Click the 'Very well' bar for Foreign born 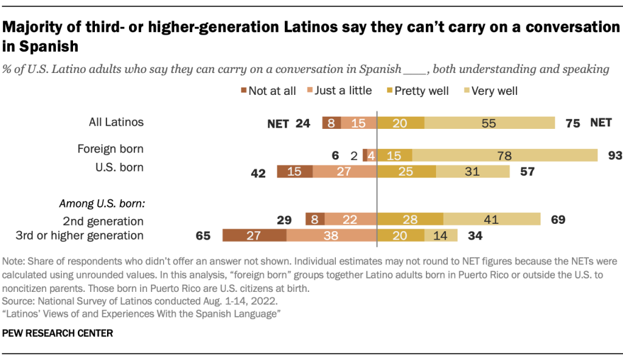coord(505,155)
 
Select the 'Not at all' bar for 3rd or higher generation coord(254,236)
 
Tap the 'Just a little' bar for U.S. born coord(345,171)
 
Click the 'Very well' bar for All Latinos coord(489,122)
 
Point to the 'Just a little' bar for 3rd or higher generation coord(332,236)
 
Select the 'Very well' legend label coord(496,91)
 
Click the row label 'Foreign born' coord(110,148)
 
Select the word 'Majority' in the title coord(32,27)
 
